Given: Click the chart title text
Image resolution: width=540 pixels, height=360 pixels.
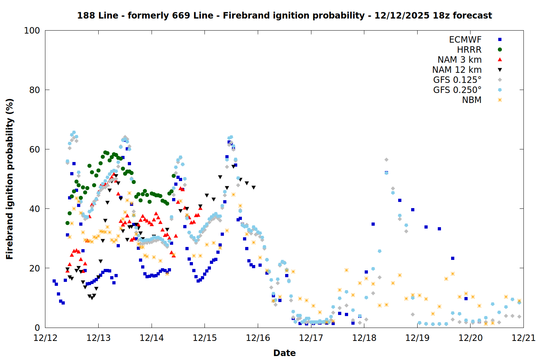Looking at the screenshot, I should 284,15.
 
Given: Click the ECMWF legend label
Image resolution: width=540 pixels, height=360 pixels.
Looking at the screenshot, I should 465,40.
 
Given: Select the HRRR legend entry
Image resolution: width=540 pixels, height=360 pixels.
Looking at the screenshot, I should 469,50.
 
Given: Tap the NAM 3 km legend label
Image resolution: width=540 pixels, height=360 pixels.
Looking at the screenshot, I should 459,60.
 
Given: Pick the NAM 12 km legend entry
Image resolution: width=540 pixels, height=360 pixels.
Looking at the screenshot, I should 457,70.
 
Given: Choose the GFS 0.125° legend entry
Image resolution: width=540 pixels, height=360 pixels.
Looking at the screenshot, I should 457,80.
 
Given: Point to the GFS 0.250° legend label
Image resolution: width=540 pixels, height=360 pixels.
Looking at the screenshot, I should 457,90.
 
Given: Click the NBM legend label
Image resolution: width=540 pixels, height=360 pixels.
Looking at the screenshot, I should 472,100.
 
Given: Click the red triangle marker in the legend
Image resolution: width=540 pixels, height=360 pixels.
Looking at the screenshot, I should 500,60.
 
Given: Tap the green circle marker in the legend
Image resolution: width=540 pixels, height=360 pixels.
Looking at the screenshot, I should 500,50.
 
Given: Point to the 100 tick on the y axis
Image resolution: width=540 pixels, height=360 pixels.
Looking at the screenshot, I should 32,31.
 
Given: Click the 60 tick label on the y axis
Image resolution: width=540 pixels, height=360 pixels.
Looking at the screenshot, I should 35,149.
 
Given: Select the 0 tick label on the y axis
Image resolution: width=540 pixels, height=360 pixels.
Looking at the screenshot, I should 37,328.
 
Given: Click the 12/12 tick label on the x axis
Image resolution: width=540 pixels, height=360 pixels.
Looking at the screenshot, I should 45,338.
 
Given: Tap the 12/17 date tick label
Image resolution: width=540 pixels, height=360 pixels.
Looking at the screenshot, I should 311,338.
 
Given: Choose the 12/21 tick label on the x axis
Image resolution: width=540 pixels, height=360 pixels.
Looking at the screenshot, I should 523,338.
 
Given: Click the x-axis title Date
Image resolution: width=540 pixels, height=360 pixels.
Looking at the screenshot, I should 284,353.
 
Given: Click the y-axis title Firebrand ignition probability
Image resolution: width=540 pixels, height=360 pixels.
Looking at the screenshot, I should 10,179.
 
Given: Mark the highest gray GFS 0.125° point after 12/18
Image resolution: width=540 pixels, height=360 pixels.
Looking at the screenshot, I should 386,159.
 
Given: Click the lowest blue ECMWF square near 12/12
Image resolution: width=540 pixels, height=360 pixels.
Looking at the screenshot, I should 63,303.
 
